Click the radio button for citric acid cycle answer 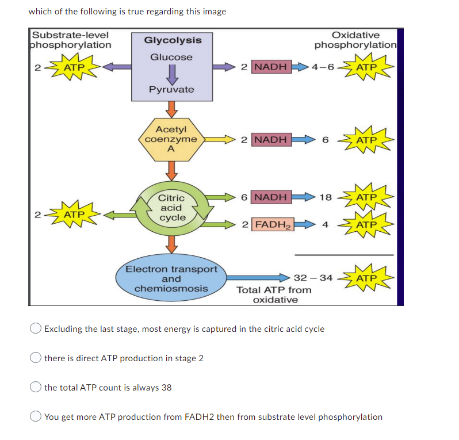pos(36,328)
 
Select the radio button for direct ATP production pos(36,357)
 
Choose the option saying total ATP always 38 pos(36,387)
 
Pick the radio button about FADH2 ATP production pos(36,416)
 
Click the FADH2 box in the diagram pos(273,224)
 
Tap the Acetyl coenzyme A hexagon pos(171,139)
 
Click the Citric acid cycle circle pos(172,208)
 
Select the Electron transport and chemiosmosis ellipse pos(171,278)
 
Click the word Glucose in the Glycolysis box pos(171,57)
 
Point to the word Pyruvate pos(171,89)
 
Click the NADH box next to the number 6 pos(271,197)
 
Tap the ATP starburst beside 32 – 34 pos(366,278)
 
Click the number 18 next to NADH pos(326,197)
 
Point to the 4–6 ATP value pos(323,67)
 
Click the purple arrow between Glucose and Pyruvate pos(172,74)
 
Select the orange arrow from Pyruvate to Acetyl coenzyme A pos(171,109)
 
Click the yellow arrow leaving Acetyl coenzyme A pos(220,139)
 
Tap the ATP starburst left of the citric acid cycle pos(74,215)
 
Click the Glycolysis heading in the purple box pos(173,40)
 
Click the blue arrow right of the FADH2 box pos(305,224)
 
